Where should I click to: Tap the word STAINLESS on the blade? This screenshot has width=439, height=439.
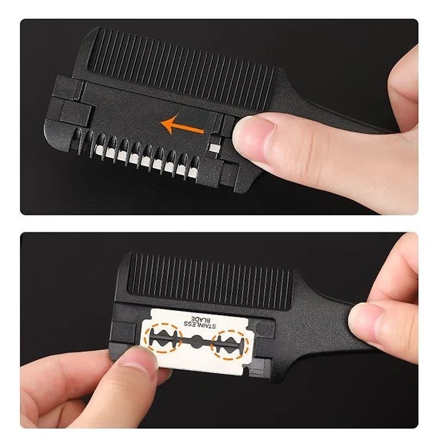200,325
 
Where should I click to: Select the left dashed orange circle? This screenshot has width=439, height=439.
163,338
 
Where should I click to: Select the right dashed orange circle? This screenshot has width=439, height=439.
230,345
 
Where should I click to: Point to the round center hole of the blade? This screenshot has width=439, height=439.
197,341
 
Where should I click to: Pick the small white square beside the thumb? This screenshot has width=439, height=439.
214,147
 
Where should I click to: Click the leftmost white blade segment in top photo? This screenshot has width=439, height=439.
100,150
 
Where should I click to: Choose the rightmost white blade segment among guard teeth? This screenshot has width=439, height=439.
193,171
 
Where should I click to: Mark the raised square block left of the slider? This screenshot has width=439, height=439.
77,113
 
